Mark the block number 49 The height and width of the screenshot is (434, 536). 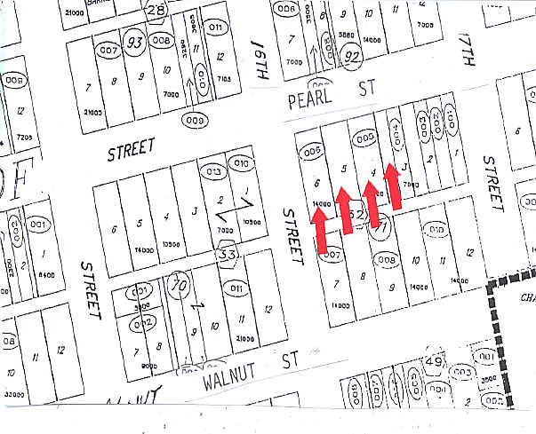[x=435, y=361]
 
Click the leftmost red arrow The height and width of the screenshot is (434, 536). [x=321, y=232]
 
